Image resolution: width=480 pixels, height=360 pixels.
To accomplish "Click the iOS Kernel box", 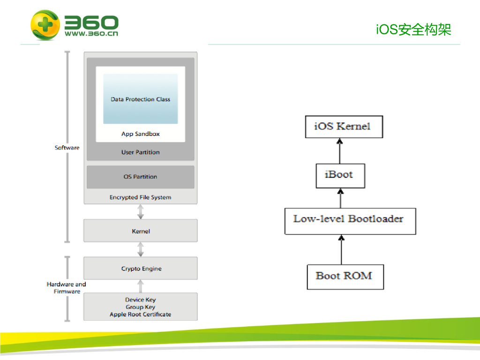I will pyautogui.click(x=344, y=126).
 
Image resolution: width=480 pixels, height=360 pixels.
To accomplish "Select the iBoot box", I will pyautogui.click(x=340, y=175).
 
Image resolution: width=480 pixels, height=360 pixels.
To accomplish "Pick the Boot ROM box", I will pyautogui.click(x=345, y=277).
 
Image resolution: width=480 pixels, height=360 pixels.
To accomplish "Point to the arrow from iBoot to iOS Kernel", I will pyautogui.click(x=339, y=150).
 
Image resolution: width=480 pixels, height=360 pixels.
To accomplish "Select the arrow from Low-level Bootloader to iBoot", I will pyautogui.click(x=340, y=198).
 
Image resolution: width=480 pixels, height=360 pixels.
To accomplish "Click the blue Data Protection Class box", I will pyautogui.click(x=140, y=99).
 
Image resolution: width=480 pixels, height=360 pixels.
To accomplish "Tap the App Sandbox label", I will pyautogui.click(x=140, y=134).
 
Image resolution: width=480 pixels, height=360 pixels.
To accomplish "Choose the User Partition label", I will pyautogui.click(x=140, y=152).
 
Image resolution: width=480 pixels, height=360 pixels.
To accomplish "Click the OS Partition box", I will pyautogui.click(x=140, y=177).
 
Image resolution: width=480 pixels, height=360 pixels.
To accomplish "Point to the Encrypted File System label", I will pyautogui.click(x=140, y=197).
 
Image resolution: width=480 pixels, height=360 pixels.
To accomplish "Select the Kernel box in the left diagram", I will pyautogui.click(x=140, y=231).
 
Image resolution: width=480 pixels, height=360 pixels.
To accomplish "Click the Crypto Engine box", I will pyautogui.click(x=140, y=269).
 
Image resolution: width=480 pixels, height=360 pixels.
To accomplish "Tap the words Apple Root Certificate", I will pyautogui.click(x=140, y=315).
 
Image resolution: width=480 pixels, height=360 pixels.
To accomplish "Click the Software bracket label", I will pyautogui.click(x=67, y=148).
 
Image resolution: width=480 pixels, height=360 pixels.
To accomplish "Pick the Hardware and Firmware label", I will pyautogui.click(x=67, y=288).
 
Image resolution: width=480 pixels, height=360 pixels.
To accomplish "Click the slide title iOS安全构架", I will pyautogui.click(x=413, y=30).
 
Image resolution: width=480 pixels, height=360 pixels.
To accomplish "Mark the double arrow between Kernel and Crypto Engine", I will pyautogui.click(x=140, y=249).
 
